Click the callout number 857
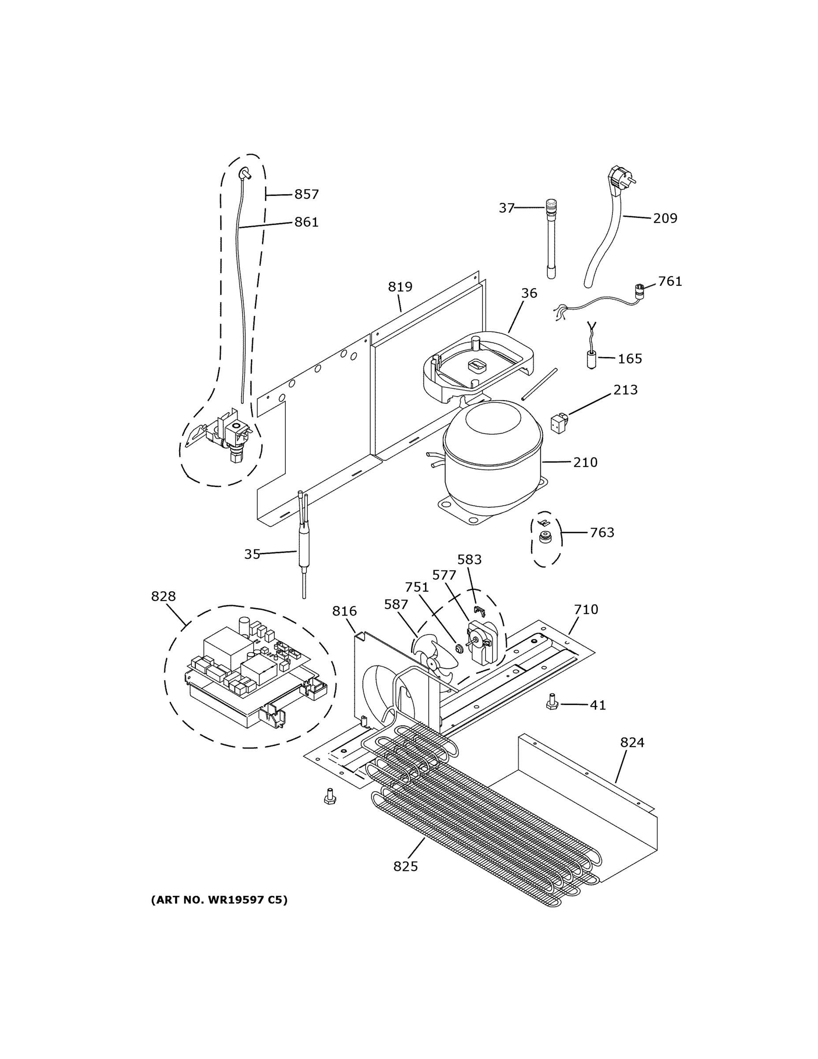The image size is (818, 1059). pos(306,195)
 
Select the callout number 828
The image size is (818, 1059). pos(163,596)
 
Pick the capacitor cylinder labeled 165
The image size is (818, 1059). pos(592,360)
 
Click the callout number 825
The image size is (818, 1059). pos(405,866)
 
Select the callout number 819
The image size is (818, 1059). pos(400,287)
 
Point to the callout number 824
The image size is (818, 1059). pos(632,742)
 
